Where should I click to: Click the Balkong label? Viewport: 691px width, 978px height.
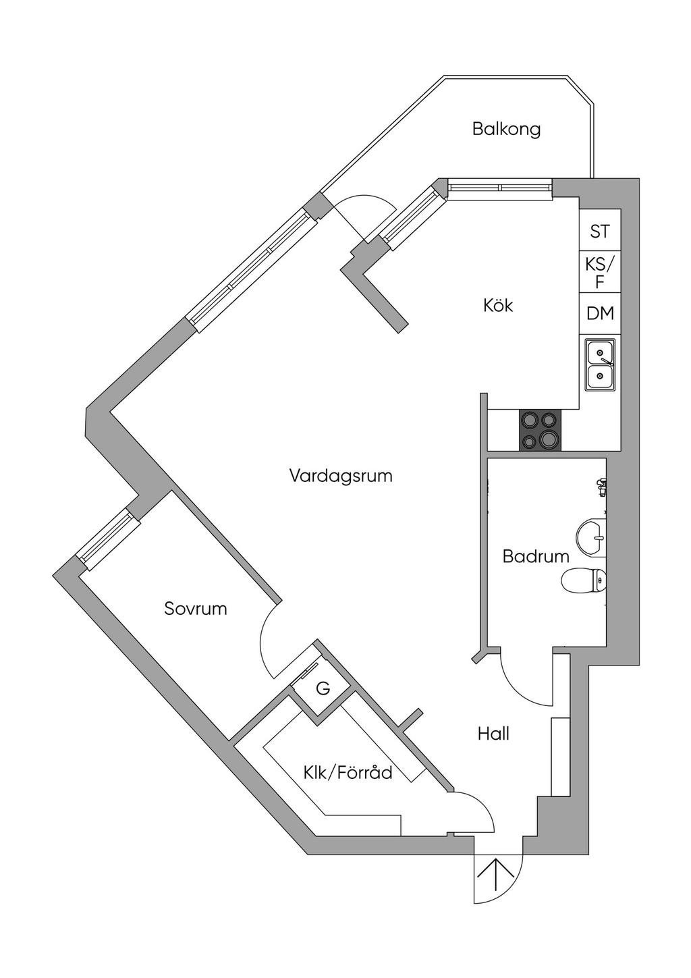506,130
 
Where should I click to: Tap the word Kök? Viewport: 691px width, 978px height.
498,305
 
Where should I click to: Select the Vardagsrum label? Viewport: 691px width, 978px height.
341,475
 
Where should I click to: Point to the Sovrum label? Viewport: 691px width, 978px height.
196,609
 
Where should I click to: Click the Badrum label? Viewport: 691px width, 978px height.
536,556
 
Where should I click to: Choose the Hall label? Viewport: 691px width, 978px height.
494,734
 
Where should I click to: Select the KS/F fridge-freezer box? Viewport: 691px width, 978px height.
600,271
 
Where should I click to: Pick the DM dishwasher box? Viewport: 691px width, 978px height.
600,313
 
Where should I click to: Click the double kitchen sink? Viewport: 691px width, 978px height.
600,364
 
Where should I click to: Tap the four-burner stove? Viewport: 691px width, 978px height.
540,430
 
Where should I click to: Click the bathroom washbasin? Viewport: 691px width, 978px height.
591,537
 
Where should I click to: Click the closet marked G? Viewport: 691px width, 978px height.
323,689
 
